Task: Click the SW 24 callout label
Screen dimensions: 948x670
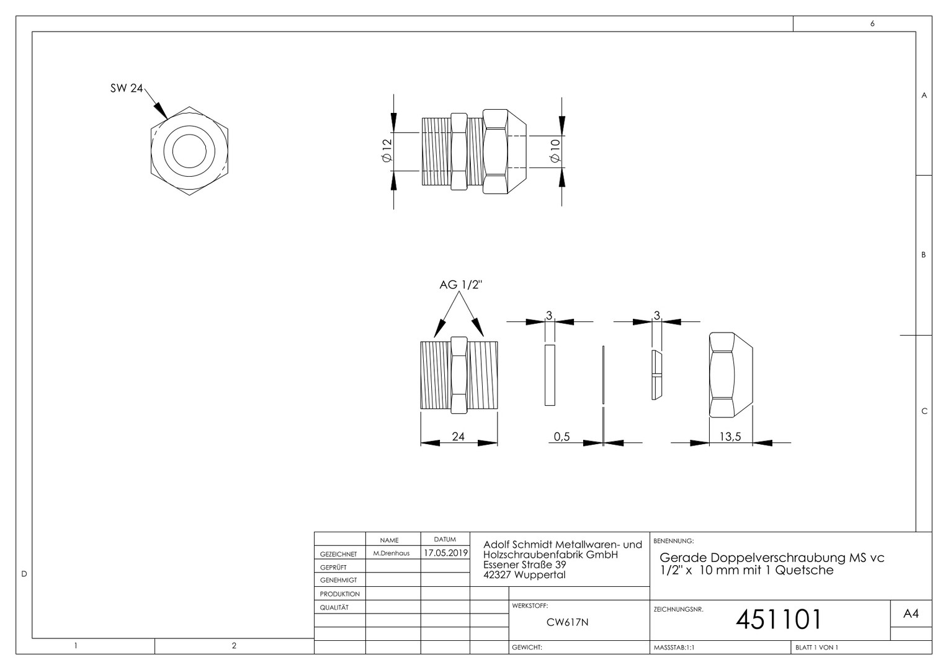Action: pyautogui.click(x=127, y=88)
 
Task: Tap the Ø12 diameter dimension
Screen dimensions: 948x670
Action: pyautogui.click(x=387, y=150)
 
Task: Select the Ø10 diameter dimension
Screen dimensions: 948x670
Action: pyautogui.click(x=555, y=151)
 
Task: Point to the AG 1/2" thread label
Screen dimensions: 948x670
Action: pyautogui.click(x=461, y=285)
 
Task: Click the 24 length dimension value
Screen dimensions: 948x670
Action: pyautogui.click(x=458, y=436)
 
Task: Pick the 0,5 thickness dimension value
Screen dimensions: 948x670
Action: pyautogui.click(x=561, y=436)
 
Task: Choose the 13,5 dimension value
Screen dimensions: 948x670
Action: pyautogui.click(x=730, y=436)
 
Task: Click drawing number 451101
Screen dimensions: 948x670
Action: pyautogui.click(x=778, y=619)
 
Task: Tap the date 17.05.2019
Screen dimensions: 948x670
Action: pyautogui.click(x=445, y=553)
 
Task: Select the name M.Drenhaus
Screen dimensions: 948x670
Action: pyautogui.click(x=391, y=553)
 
